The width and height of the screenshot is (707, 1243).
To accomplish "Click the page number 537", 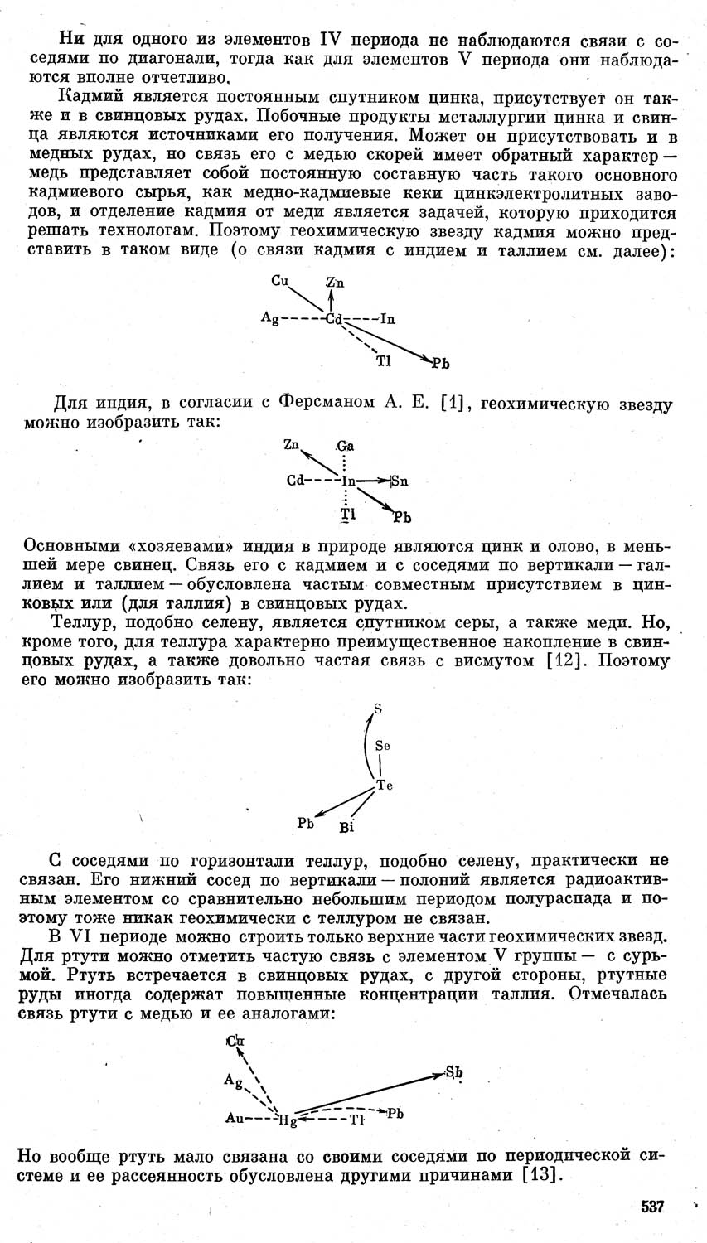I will [x=652, y=1207].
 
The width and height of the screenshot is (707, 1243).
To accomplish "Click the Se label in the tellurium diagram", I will [x=382, y=746].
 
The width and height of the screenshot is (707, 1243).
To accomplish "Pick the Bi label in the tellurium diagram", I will [x=346, y=827].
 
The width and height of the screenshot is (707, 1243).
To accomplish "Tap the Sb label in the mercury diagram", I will [x=454, y=1073].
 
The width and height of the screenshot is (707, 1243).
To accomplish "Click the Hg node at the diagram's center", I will [x=288, y=1120].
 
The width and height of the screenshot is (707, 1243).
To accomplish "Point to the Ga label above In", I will [x=346, y=446].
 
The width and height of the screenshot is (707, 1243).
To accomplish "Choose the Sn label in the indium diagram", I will [x=400, y=481].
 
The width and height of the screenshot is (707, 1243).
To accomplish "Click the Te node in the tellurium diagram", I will [x=384, y=786].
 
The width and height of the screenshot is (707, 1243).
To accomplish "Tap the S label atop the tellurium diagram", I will [x=378, y=709].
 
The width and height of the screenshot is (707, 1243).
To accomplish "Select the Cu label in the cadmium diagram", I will [x=279, y=281].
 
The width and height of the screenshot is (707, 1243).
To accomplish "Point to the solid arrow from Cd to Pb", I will [x=390, y=341].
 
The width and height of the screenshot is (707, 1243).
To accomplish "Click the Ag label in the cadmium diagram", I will [x=269, y=317].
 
